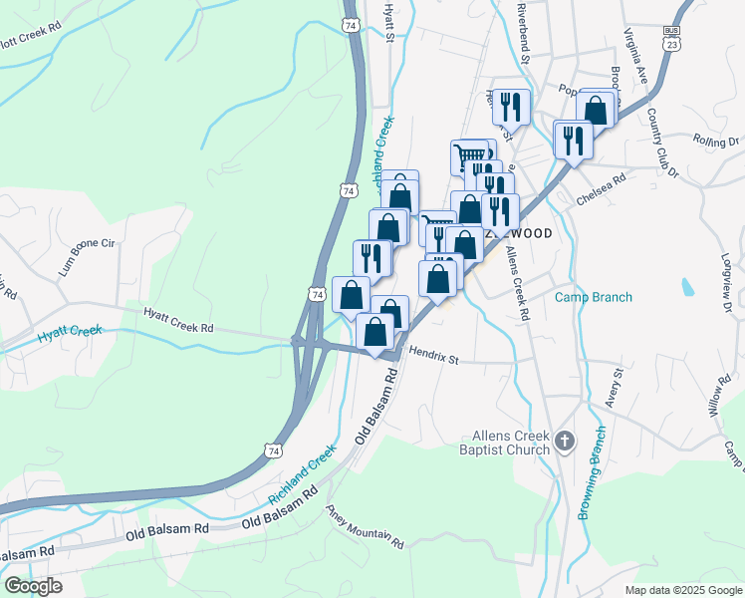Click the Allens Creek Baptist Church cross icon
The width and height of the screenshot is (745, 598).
pos(565,441)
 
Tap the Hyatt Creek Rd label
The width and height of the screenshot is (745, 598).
pos(179,320)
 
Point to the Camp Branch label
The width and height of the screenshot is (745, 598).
pos(593,297)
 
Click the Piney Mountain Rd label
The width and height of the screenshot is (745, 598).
pos(366,526)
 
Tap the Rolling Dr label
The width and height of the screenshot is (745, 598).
pos(716,142)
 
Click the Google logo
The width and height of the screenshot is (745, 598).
pos(33,585)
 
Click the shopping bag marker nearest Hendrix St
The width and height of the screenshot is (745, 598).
pos(374,332)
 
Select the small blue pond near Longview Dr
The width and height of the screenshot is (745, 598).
pos(687,288)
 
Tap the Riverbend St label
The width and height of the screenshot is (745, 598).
pos(521,30)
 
